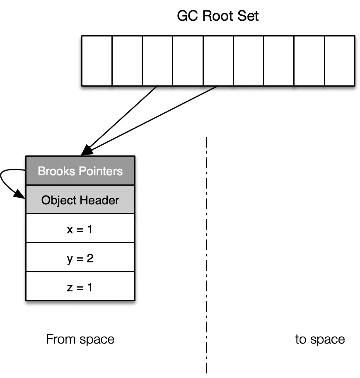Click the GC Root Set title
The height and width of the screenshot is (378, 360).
click(217, 16)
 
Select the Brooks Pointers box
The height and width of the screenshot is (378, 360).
click(80, 171)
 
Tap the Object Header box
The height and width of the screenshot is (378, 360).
click(80, 200)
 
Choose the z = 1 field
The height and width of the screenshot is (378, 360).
click(80, 286)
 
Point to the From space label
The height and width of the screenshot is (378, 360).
click(80, 339)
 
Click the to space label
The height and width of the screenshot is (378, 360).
click(320, 339)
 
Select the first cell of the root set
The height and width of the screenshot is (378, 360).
click(97, 61)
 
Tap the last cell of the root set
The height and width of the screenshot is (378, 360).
click(340, 61)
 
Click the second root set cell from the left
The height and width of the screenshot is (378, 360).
click(127, 61)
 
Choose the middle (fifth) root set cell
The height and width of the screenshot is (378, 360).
click(218, 61)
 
